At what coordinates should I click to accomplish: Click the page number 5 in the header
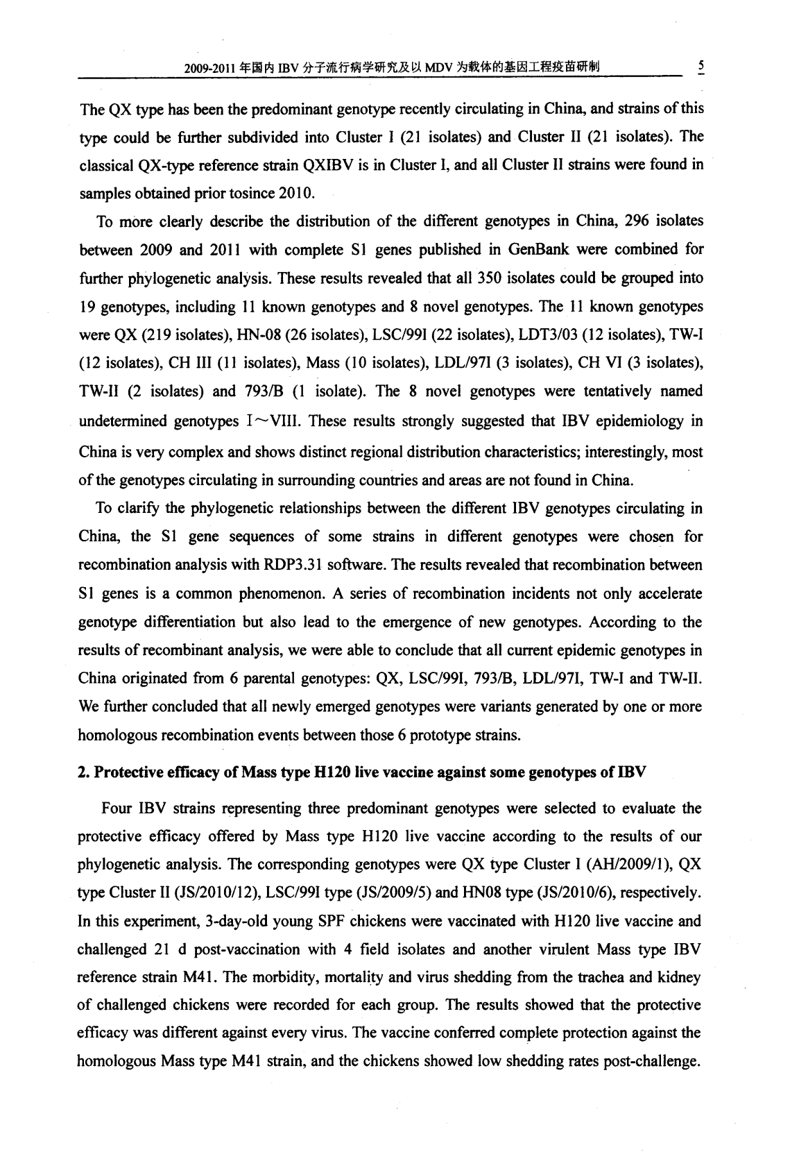pos(701,67)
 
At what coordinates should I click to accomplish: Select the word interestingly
pos(626,452)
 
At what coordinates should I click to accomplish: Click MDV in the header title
pos(440,67)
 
